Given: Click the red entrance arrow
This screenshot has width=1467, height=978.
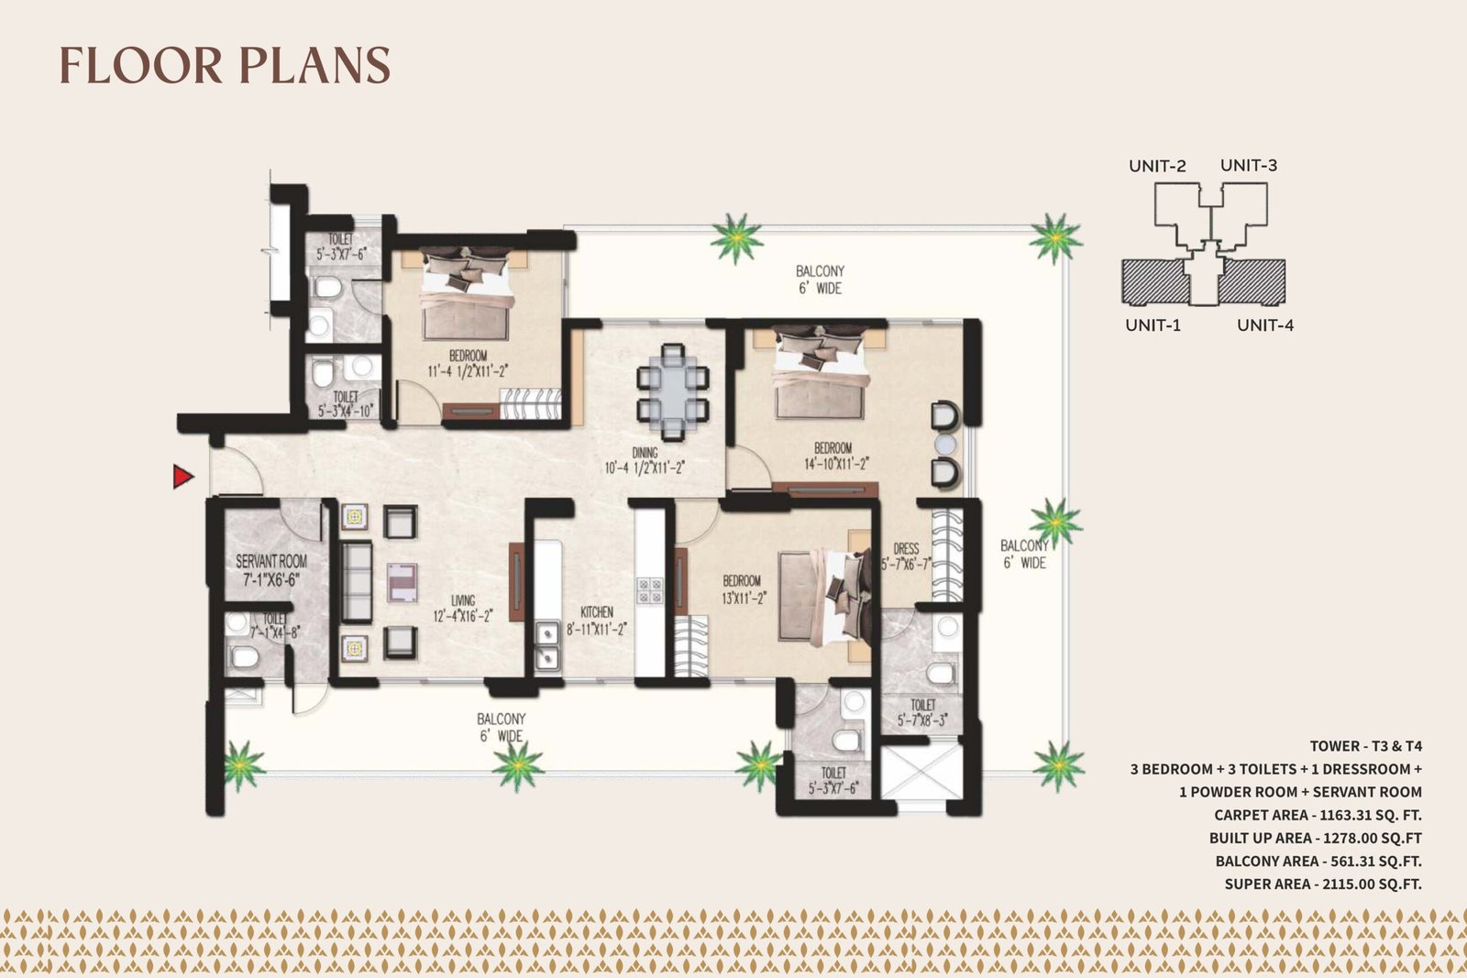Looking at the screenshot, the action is (x=182, y=477).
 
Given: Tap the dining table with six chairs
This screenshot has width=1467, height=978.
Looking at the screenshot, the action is (x=673, y=392).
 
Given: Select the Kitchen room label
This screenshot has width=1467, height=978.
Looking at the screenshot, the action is (x=597, y=612).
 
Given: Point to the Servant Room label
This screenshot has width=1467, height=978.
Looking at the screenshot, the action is (x=271, y=561).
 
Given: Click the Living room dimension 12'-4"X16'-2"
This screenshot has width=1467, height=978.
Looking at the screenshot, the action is (x=462, y=616).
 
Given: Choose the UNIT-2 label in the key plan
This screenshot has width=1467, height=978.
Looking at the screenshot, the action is (x=1157, y=166).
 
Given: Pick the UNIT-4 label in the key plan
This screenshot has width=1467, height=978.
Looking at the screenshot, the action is (x=1264, y=325).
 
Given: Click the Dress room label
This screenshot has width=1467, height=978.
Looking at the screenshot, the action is (x=907, y=548).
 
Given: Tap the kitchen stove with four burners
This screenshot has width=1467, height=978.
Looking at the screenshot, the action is (x=650, y=591).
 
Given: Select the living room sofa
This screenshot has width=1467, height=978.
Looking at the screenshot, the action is (x=357, y=581).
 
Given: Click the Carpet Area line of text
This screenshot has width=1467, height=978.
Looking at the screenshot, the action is (x=1318, y=815).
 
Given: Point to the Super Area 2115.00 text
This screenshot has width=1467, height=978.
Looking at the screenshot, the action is (x=1323, y=884).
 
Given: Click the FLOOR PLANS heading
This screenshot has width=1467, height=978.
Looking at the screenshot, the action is (x=225, y=65).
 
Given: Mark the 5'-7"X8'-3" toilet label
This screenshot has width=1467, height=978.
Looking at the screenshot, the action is (x=922, y=720).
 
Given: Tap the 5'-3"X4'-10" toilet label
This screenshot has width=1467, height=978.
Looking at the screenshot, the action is (x=345, y=412).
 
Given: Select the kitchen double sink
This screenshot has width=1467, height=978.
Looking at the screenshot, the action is (x=546, y=645).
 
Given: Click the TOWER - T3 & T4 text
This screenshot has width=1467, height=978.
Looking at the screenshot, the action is (x=1365, y=746).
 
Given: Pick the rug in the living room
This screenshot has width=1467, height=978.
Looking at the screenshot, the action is (x=403, y=582).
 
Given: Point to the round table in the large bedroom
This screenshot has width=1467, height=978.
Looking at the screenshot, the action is (x=945, y=445).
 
